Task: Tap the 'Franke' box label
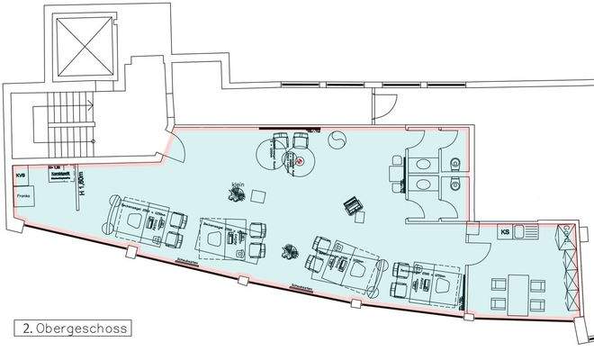[x=23, y=195]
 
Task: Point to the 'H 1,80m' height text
[x=80, y=183]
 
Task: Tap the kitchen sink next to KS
[x=529, y=235]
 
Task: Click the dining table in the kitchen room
[x=517, y=292]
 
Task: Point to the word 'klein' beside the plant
[x=238, y=184]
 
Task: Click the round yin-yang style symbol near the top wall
[x=338, y=140]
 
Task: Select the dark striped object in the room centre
[x=353, y=206]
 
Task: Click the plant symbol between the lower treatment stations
[x=290, y=252]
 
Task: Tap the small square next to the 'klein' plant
[x=257, y=196]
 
